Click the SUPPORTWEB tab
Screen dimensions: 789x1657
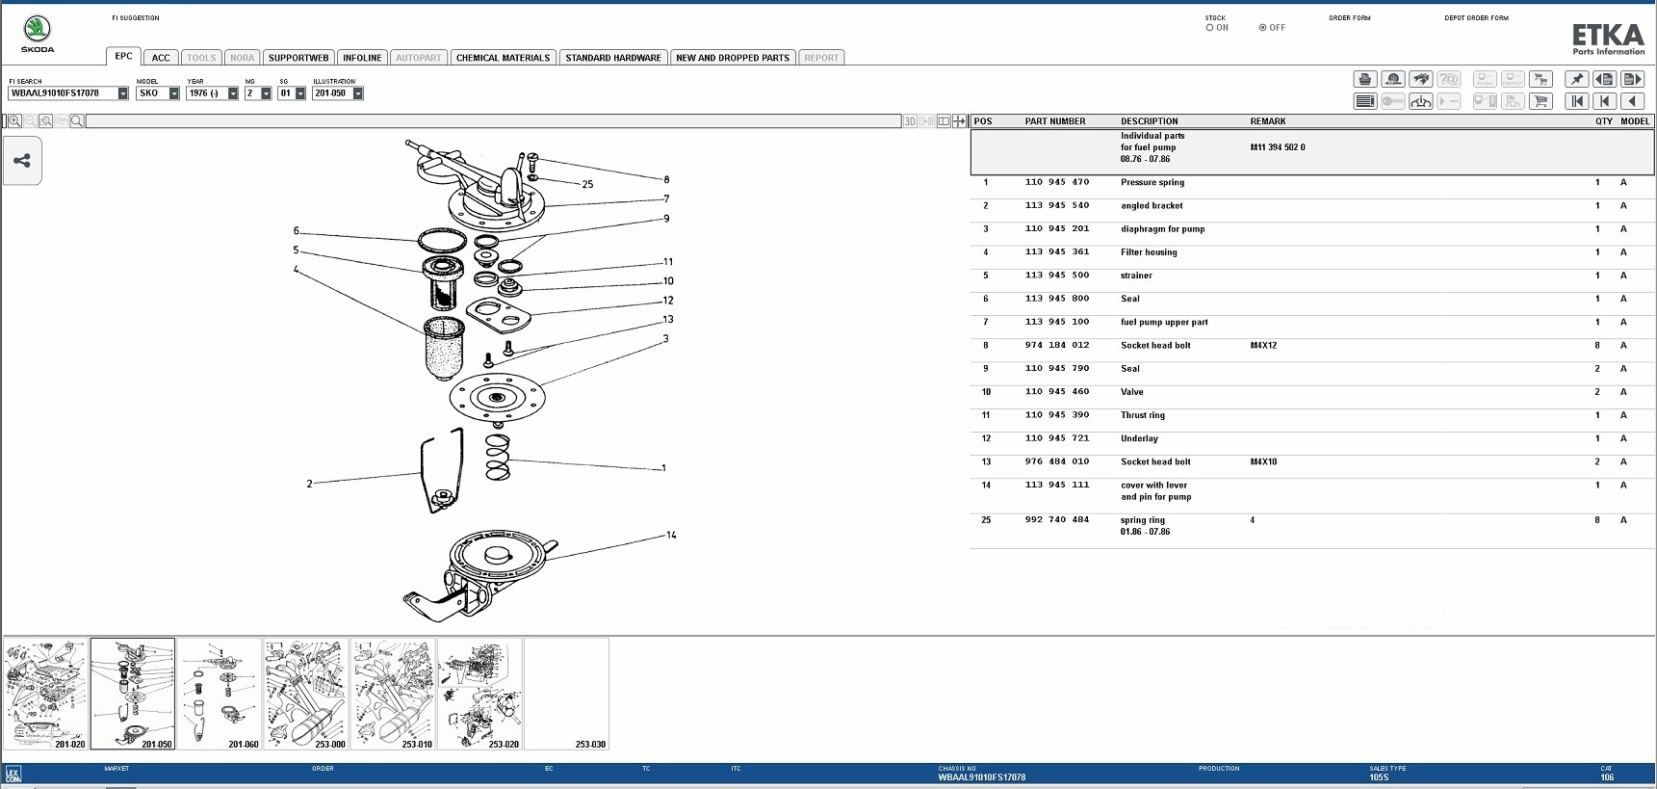click(x=298, y=58)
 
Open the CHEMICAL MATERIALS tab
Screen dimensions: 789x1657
click(x=503, y=58)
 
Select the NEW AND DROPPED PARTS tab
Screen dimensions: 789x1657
click(x=732, y=58)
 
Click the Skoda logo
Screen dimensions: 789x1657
click(x=38, y=34)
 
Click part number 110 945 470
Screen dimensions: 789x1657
click(x=1056, y=182)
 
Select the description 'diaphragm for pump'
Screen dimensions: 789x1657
click(x=1162, y=229)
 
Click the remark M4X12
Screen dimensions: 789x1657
click(x=1263, y=346)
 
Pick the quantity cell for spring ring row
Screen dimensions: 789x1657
click(x=1596, y=520)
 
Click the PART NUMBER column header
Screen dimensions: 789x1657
click(x=1054, y=121)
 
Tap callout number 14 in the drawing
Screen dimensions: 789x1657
click(x=671, y=535)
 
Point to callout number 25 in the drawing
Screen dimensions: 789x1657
click(x=587, y=184)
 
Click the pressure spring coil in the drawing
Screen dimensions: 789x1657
click(x=497, y=457)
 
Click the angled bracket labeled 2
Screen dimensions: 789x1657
click(x=439, y=472)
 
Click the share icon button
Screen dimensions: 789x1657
click(x=22, y=161)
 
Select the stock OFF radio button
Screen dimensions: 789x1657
click(x=1262, y=28)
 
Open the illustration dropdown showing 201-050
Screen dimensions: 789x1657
click(x=357, y=93)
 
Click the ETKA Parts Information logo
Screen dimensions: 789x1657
click(x=1608, y=39)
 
